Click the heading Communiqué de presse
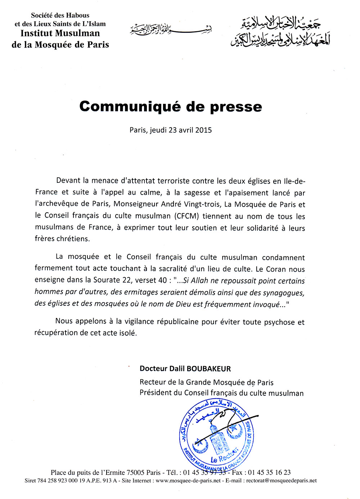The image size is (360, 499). coord(171,107)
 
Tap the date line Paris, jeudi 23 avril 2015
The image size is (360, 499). coord(171,130)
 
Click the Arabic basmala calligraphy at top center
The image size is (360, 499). coord(171,29)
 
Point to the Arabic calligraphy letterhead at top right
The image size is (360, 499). coord(280,32)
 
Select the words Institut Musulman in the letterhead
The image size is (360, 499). coord(60,33)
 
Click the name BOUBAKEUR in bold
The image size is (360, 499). coord(209,369)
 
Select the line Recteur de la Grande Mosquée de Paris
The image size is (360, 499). coord(207,382)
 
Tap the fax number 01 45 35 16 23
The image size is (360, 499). coord(269,473)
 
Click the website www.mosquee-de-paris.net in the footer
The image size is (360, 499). coord(188,481)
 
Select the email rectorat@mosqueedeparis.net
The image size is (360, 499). coord(282,481)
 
